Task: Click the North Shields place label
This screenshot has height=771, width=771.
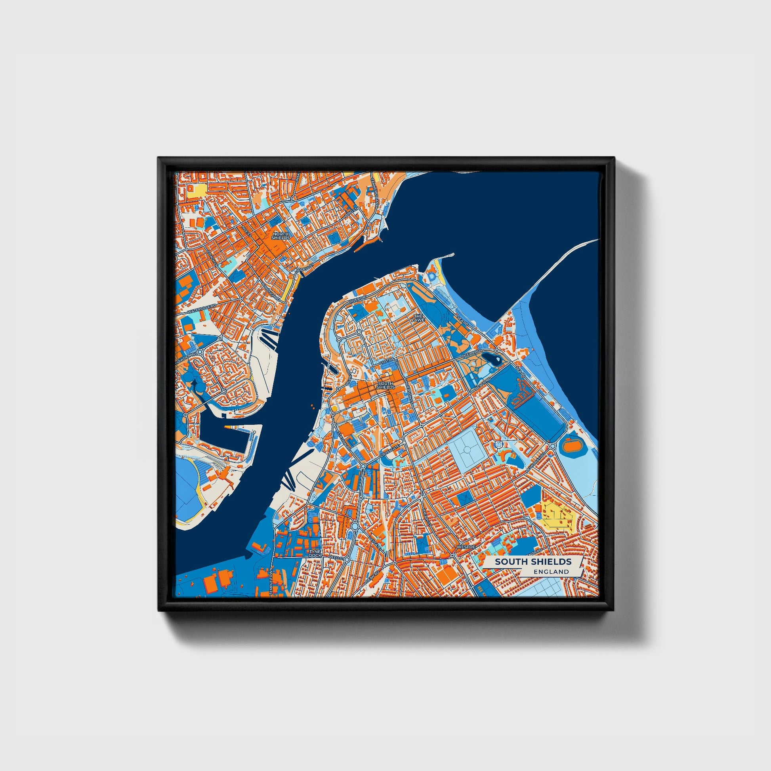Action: coord(281,235)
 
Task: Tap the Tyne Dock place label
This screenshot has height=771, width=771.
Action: coord(315,553)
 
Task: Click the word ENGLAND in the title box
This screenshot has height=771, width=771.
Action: coord(553,571)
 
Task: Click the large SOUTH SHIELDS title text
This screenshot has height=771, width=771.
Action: coord(533,561)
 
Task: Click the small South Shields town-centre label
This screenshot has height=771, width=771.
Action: coord(385,385)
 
